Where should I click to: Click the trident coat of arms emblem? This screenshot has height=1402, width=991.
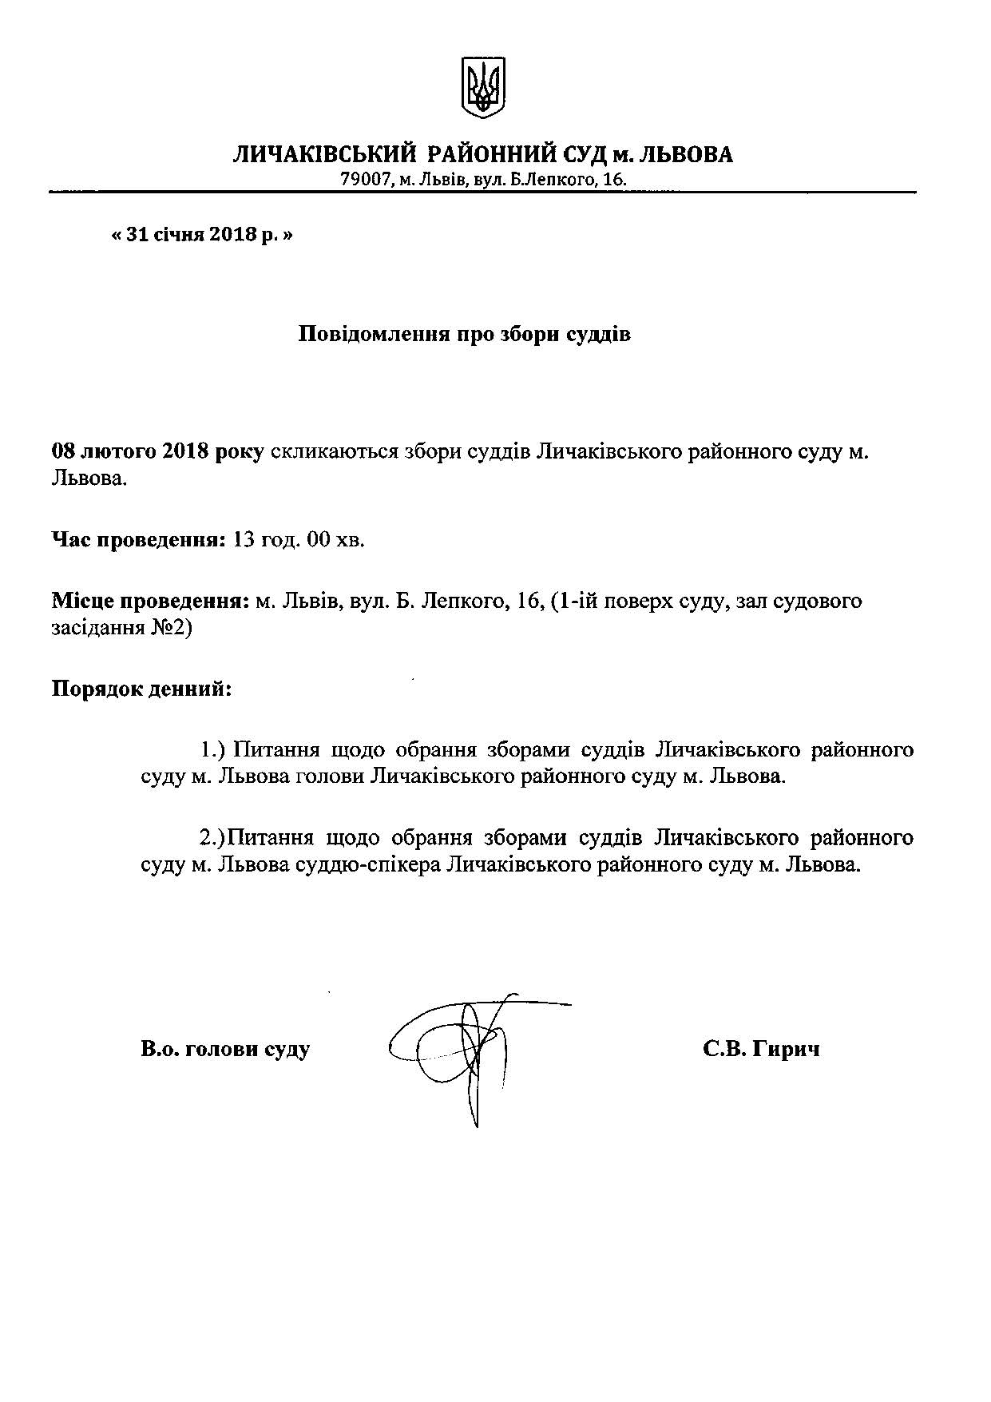(x=484, y=87)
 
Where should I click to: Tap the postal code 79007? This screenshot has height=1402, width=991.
(x=364, y=181)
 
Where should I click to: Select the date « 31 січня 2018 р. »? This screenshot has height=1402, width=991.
(x=202, y=236)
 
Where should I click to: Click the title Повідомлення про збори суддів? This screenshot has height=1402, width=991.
(x=464, y=334)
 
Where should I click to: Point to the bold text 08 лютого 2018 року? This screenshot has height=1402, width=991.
(x=157, y=451)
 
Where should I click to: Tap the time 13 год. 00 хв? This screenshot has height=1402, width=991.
(x=297, y=540)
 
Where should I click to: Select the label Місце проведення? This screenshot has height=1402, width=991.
(x=150, y=600)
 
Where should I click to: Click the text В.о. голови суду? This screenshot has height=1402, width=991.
(x=225, y=1049)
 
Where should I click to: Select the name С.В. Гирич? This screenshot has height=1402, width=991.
(x=761, y=1049)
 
